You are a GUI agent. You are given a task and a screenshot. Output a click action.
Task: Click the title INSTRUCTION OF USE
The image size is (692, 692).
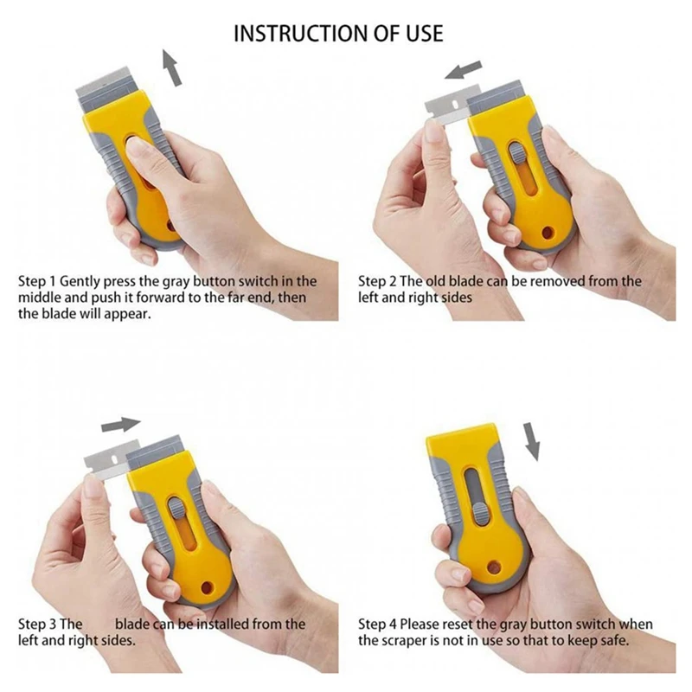(338, 33)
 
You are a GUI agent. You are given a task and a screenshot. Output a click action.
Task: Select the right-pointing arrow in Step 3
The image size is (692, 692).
(120, 425)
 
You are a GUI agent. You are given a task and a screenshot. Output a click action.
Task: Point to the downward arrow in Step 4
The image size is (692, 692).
(532, 442)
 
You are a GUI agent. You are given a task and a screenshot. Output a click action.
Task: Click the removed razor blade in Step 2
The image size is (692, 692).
(445, 106)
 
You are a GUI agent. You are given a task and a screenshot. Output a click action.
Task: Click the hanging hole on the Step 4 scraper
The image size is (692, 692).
(494, 567)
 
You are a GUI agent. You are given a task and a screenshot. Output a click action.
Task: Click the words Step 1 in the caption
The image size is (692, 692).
(39, 282)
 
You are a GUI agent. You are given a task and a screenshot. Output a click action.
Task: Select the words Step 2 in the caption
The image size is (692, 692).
(379, 282)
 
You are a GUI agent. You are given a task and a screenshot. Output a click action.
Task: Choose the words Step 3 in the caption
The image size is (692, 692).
(39, 624)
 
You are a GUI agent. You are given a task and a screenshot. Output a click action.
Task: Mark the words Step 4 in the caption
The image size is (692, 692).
(379, 625)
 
